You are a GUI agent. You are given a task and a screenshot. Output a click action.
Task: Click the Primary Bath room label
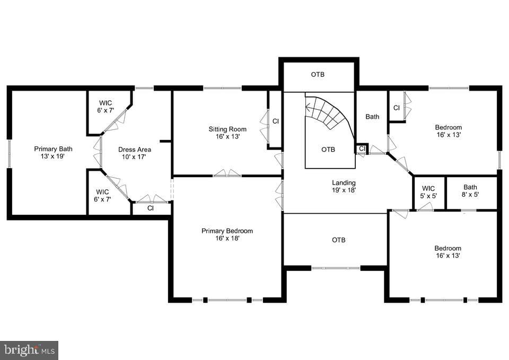(53, 149)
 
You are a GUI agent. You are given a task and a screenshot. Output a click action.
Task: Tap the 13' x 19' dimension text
(53, 157)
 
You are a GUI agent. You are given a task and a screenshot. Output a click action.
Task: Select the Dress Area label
(135, 150)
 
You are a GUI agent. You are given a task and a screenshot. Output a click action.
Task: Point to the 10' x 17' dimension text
(135, 157)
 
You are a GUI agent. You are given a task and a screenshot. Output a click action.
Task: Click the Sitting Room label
(227, 129)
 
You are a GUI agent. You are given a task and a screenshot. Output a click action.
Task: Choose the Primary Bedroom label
(227, 231)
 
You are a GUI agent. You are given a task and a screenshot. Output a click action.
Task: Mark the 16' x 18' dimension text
(227, 239)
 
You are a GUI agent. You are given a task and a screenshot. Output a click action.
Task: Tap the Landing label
(344, 182)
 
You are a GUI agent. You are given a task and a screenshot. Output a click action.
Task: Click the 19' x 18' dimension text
(344, 190)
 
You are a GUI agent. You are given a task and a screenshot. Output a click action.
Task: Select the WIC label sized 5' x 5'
(428, 188)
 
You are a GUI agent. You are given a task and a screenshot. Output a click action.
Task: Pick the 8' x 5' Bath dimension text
(470, 195)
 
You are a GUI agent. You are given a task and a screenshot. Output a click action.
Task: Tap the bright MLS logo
(29, 350)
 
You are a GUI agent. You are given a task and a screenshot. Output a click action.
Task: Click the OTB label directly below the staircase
(328, 150)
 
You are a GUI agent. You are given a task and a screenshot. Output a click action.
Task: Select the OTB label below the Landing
(339, 240)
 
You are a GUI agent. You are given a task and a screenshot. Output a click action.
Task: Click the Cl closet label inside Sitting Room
(275, 121)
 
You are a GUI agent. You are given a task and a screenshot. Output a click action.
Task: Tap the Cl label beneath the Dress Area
(151, 208)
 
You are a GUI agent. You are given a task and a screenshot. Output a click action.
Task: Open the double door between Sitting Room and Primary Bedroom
(227, 174)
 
